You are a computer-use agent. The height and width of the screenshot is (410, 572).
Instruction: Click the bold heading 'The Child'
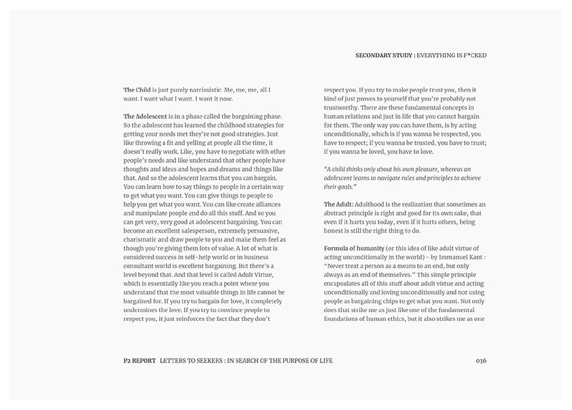pos(137,90)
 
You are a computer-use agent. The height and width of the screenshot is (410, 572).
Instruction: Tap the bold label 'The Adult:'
pos(338,204)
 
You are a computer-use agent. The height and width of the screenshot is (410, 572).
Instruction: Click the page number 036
pos(481,360)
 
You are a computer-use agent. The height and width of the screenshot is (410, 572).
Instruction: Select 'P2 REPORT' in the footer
pos(135,360)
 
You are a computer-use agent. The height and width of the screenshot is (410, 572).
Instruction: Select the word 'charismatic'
pos(141,240)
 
